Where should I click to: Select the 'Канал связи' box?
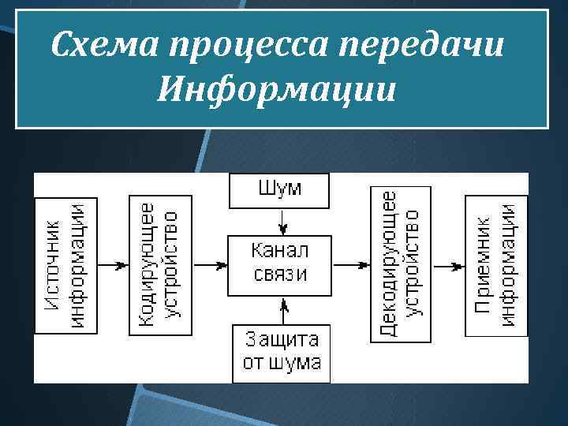[279, 263]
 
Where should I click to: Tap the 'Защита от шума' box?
[282, 352]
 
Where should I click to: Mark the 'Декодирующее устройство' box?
[401, 264]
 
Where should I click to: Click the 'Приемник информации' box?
[495, 266]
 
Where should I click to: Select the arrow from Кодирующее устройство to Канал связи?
[209, 266]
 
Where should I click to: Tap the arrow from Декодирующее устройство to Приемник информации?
[447, 266]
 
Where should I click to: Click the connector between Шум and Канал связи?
[278, 222]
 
